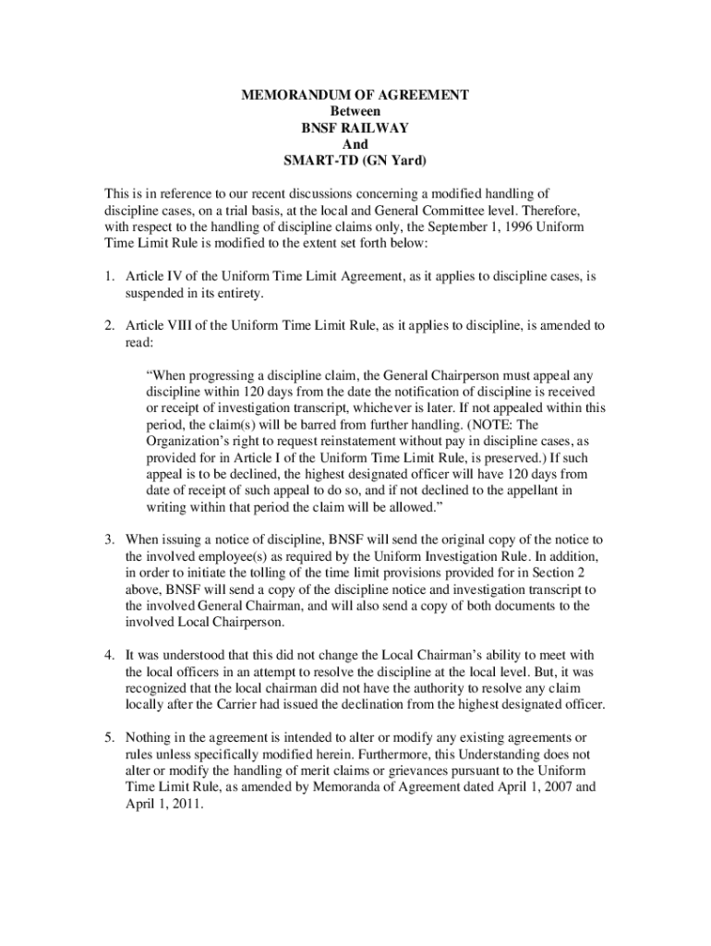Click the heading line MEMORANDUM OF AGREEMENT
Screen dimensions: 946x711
355,95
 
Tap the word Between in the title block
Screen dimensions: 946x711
355,111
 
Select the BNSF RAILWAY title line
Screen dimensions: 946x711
355,127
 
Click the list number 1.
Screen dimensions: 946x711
108,276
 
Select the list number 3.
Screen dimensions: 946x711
108,539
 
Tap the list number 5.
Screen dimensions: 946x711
108,737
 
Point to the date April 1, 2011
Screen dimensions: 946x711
162,804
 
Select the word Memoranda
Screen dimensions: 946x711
343,787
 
